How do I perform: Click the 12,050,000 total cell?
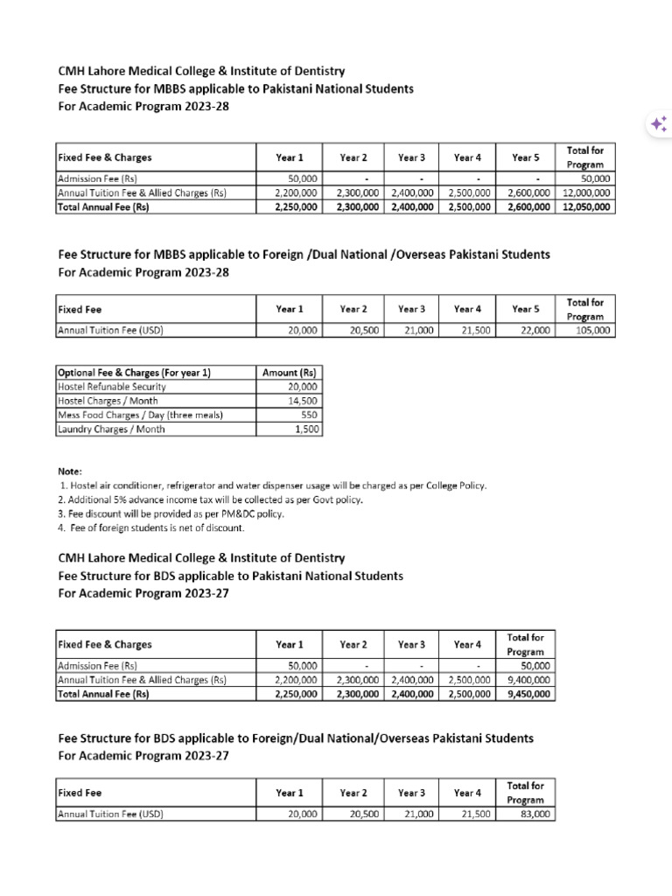pos(585,207)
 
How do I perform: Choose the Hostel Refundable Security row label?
pos(111,386)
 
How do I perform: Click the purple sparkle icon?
pos(656,125)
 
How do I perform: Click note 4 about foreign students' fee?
pos(151,528)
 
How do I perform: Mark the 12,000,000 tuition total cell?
pos(585,193)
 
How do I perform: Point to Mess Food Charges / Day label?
pos(139,414)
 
